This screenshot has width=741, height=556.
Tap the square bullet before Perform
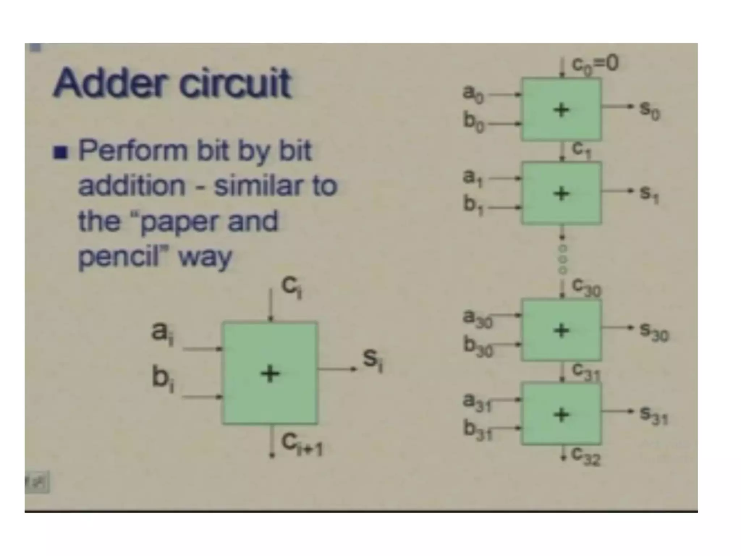(x=60, y=152)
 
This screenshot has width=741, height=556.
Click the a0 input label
(x=473, y=94)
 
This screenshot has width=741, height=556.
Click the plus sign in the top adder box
(x=561, y=110)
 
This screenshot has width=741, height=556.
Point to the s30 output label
(x=654, y=332)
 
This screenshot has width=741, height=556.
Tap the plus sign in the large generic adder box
(x=270, y=374)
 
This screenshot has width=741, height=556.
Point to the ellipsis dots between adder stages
(x=563, y=259)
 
